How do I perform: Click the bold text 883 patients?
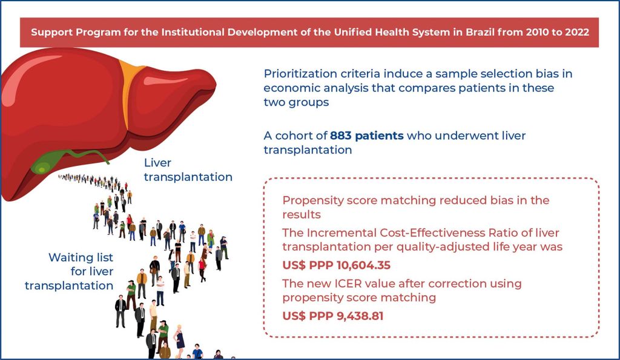366,136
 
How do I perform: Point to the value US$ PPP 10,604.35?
336,265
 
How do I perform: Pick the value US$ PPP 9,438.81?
333,316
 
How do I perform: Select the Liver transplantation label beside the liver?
188,170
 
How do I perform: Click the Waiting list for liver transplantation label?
69,272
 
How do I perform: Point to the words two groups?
296,102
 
